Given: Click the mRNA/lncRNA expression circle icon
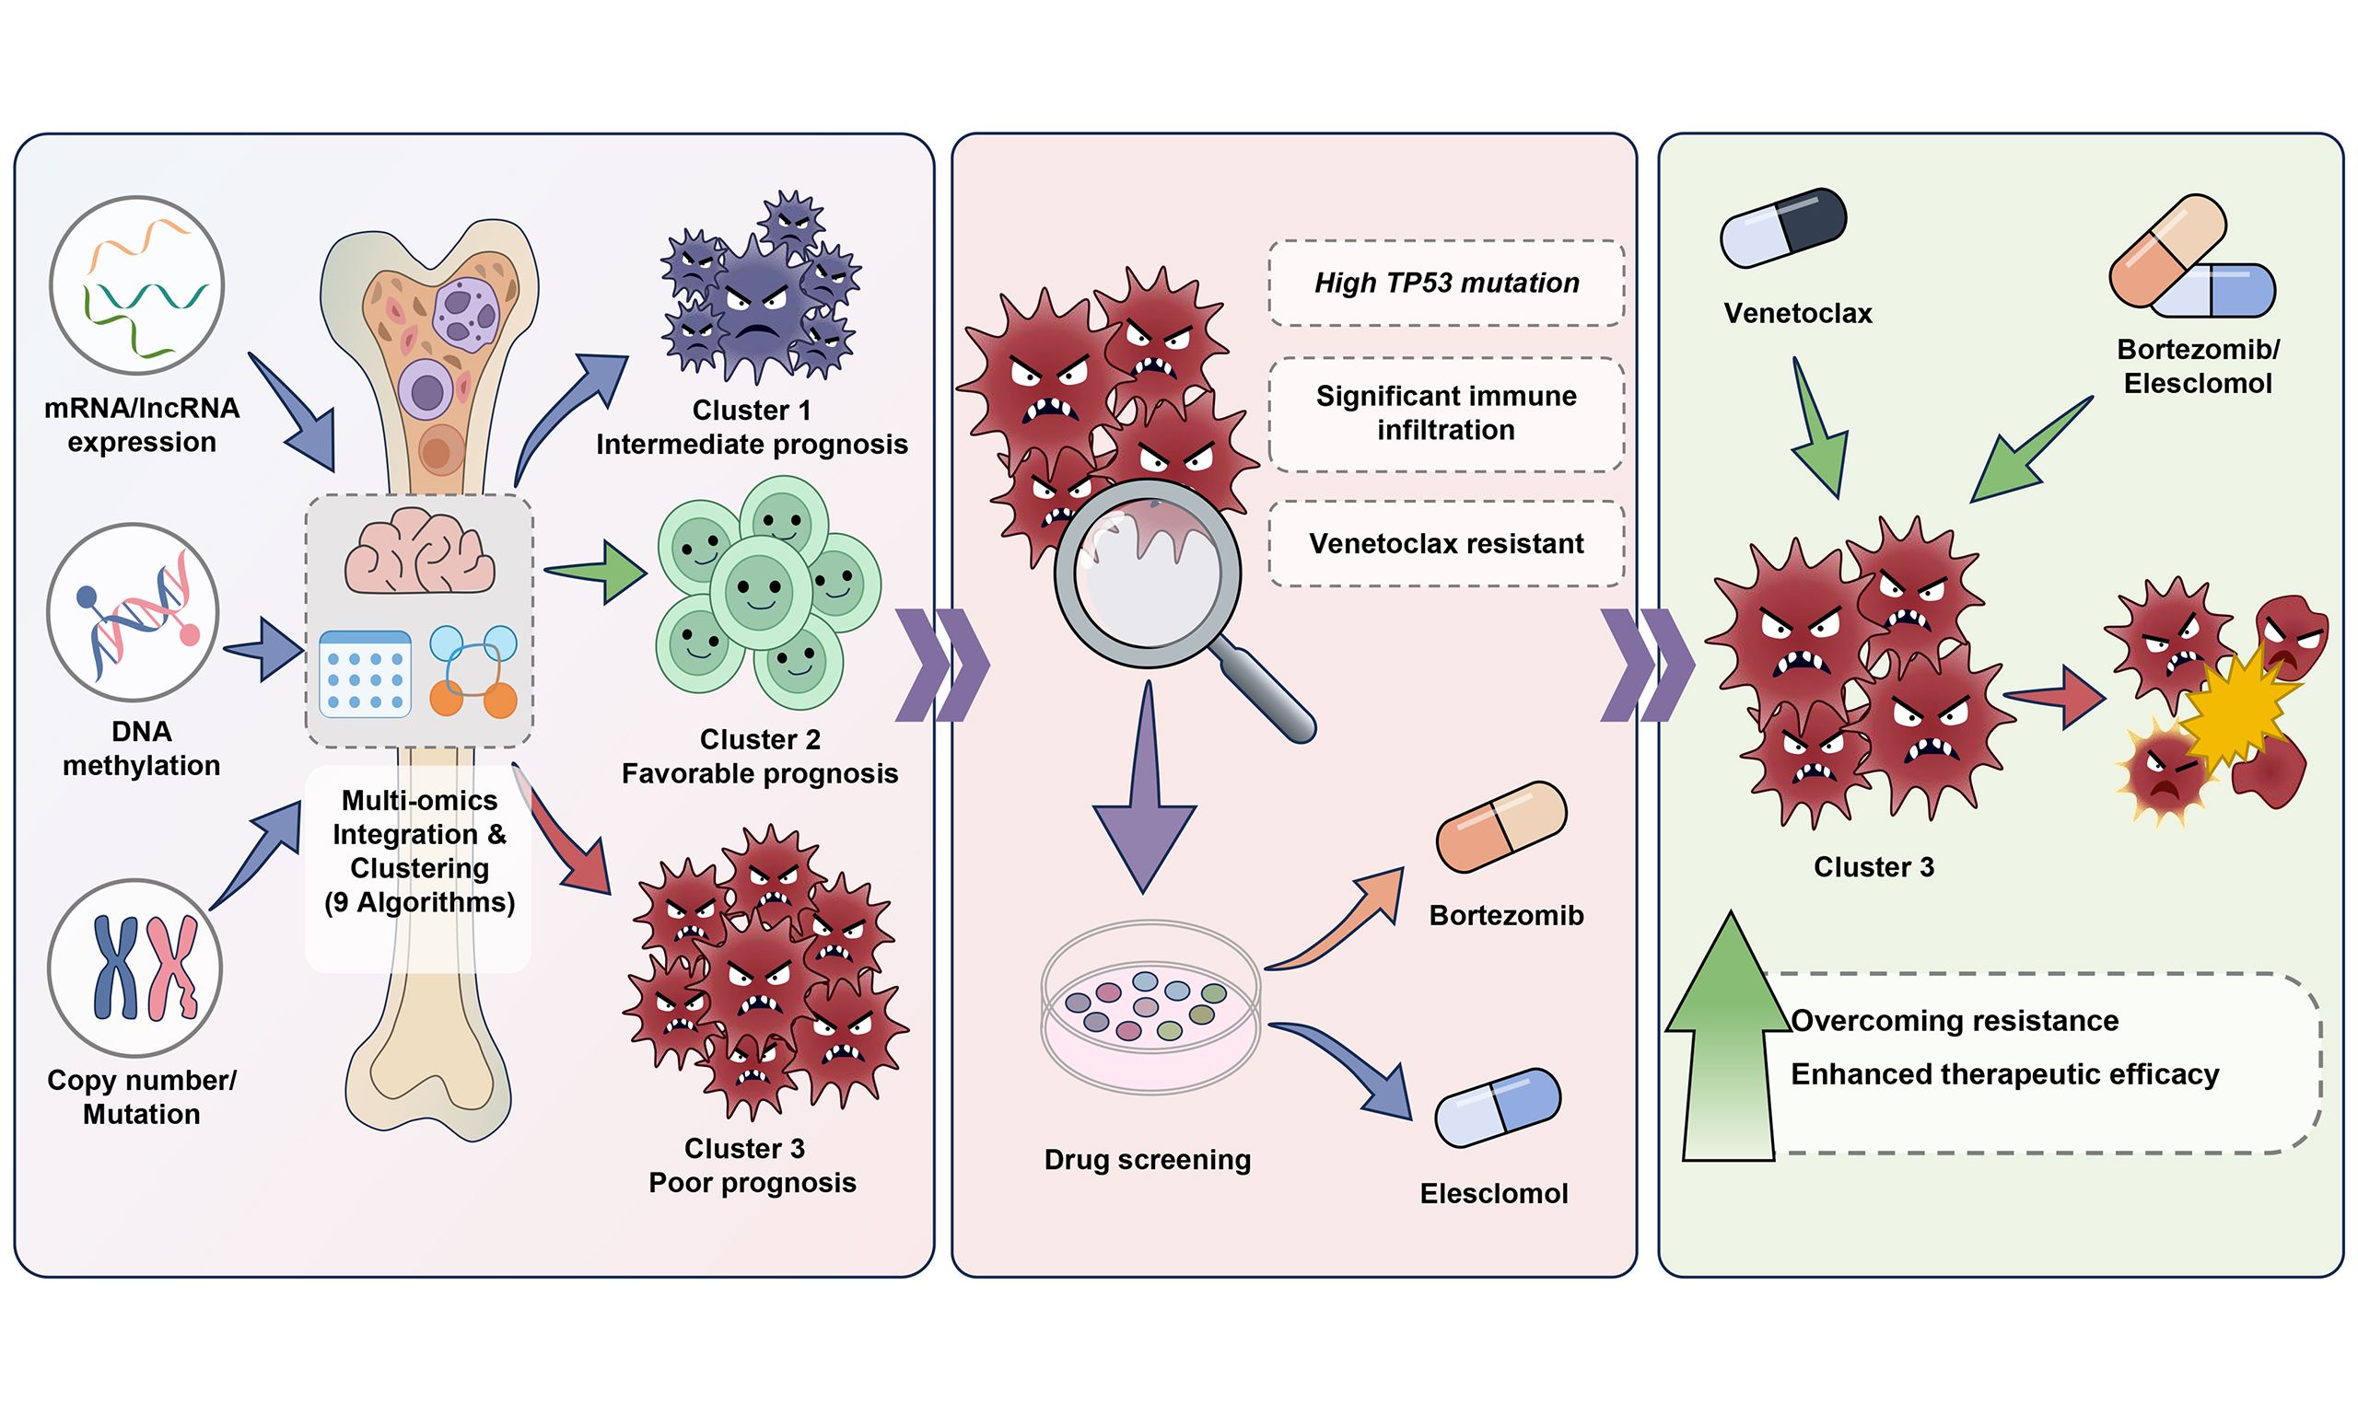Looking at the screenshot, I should click(x=137, y=286).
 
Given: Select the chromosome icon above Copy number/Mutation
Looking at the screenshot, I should click(x=135, y=968).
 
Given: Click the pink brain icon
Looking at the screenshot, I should click(x=419, y=552).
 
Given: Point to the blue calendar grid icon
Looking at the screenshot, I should click(x=365, y=674).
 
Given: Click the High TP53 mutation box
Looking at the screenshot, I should click(x=1446, y=283).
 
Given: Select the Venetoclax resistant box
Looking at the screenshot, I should click(x=1446, y=543).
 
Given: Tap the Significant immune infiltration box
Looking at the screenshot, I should click(x=1446, y=413).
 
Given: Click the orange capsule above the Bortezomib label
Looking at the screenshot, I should click(x=1501, y=827).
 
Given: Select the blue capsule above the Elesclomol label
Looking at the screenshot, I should click(x=1498, y=1108).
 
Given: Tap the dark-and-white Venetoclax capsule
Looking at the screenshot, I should click(x=1783, y=226).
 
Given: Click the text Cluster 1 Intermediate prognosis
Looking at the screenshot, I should click(x=751, y=427).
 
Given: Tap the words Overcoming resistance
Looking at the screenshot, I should click(x=1954, y=1021).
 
